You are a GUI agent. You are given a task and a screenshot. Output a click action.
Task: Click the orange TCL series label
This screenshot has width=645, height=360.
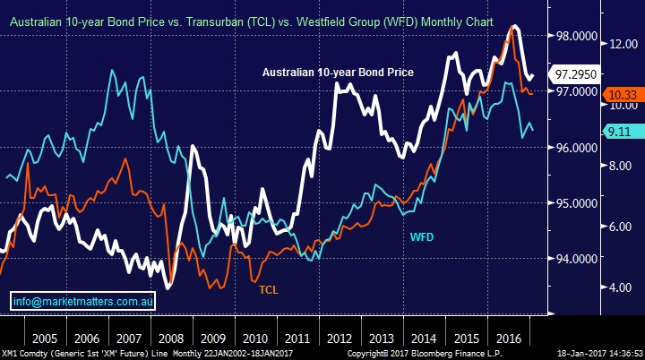[x=269, y=290]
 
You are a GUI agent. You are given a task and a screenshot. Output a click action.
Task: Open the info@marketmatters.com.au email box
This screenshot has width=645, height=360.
[x=84, y=302]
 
